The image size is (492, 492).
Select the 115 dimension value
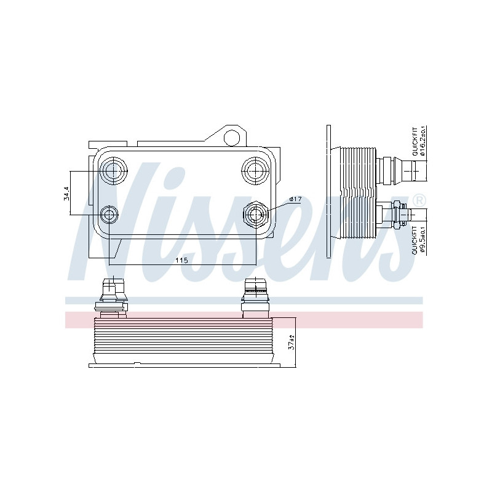tap(181, 260)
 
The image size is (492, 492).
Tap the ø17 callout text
tap(295, 199)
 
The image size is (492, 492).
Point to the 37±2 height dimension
tap(293, 343)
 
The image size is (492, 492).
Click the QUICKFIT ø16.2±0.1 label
tap(419, 141)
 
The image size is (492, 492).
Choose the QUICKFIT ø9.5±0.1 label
tap(419, 240)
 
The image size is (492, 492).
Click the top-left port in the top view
tap(113, 170)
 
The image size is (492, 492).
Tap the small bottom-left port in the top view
tap(109, 215)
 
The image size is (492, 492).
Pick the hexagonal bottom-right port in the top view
tap(255, 215)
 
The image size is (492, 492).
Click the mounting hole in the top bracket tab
tap(232, 137)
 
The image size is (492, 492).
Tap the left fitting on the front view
tap(111, 296)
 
